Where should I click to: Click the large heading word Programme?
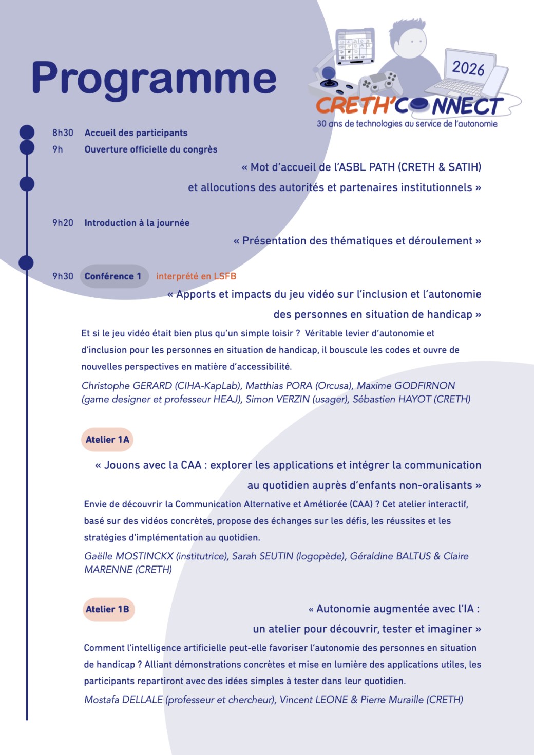(154, 78)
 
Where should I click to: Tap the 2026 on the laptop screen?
(468, 68)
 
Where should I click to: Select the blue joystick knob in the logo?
(328, 73)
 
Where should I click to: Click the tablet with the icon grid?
(354, 46)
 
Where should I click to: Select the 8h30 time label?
(63, 133)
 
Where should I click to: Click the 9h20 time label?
(63, 223)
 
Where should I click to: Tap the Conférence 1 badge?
(113, 276)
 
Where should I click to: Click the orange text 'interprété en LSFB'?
(196, 276)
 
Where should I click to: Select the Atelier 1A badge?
(107, 440)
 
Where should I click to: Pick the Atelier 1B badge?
(107, 609)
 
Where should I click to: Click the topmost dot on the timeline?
(27, 132)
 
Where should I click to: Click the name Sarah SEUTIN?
(262, 556)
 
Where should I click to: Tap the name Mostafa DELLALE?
(123, 700)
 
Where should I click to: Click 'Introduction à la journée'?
(137, 223)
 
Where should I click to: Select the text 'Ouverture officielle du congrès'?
(151, 149)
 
